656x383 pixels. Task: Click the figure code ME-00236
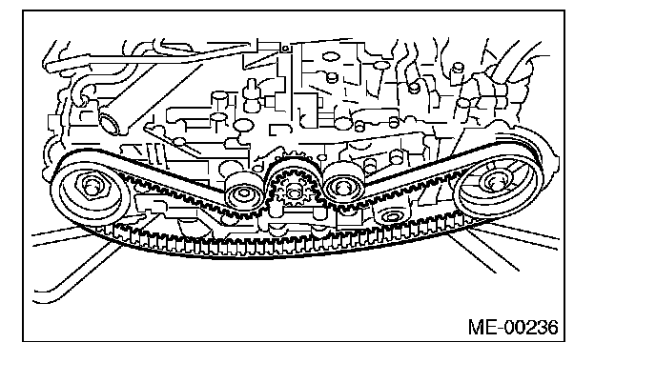click(x=513, y=328)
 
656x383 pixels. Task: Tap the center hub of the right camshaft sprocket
click(x=496, y=182)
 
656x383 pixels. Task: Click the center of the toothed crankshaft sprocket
click(x=293, y=194)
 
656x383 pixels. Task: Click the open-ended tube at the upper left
click(x=108, y=122)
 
